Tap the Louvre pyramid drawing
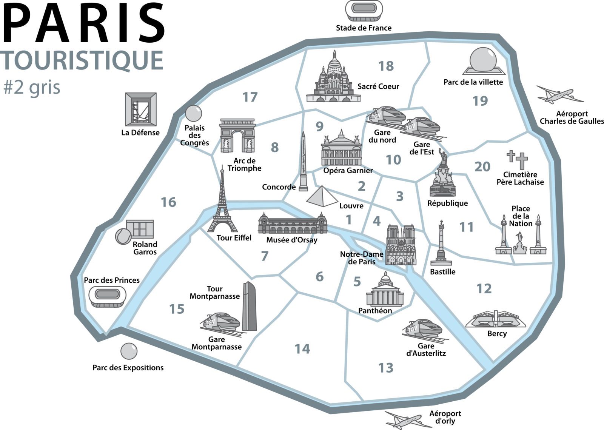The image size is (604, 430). (x=322, y=196)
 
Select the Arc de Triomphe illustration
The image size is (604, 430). (x=237, y=136)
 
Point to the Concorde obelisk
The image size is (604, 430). (x=303, y=162)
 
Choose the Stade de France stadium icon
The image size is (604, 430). (x=364, y=9)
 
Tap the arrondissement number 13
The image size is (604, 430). (x=386, y=368)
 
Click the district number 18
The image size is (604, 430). (x=386, y=66)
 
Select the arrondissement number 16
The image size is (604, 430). (x=168, y=202)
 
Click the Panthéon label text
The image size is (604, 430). (x=375, y=311)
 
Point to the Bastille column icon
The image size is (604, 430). (x=441, y=244)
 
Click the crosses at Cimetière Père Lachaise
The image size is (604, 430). (x=518, y=160)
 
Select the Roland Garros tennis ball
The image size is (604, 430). (x=123, y=236)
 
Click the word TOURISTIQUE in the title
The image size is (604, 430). (x=83, y=60)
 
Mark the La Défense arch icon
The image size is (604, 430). (x=140, y=109)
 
